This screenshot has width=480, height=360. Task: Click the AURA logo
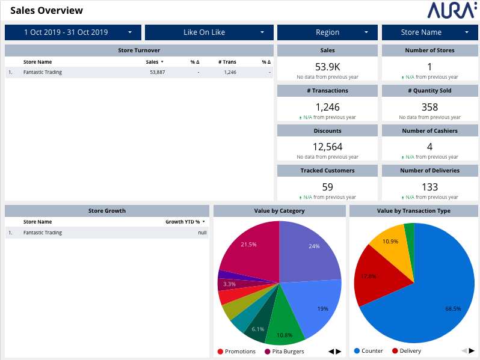tap(452, 10)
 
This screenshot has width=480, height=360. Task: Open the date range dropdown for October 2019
tap(73, 32)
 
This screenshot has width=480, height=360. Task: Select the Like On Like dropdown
tap(209, 32)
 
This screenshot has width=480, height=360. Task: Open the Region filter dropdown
tap(327, 32)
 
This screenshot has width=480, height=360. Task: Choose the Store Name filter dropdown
tap(430, 32)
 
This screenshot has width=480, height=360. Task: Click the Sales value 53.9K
tap(327, 67)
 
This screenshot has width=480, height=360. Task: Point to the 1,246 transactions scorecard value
tap(327, 108)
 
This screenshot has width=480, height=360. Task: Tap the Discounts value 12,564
tap(327, 147)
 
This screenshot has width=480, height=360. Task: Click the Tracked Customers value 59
tap(327, 188)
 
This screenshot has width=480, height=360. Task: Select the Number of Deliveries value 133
tap(429, 188)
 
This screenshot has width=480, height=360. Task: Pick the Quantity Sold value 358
tap(429, 108)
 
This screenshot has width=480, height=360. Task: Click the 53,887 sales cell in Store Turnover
tap(157, 72)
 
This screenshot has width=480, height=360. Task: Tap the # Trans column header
tap(227, 62)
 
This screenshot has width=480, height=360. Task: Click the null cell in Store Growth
tap(202, 233)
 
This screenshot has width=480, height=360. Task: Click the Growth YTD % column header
tap(182, 222)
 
